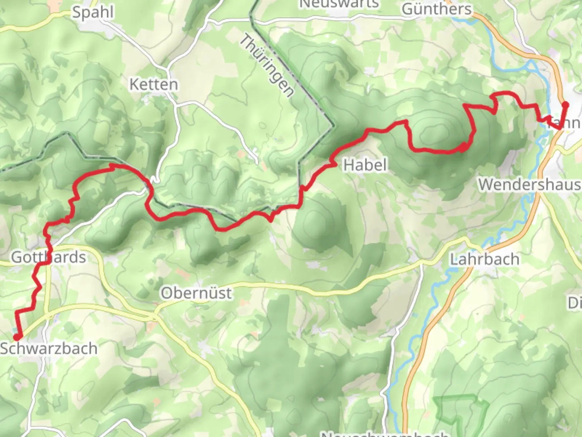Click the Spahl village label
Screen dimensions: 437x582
click(93, 12)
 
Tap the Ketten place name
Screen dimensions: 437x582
click(154, 85)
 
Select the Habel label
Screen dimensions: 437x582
click(365, 165)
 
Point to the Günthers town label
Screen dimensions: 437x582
click(436, 9)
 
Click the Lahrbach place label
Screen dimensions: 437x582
click(485, 259)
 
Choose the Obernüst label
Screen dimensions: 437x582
click(196, 293)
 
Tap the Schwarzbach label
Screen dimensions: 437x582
click(49, 348)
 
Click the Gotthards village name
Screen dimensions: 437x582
click(48, 257)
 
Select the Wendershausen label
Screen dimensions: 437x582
click(529, 185)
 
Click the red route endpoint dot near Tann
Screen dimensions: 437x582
click(565, 105)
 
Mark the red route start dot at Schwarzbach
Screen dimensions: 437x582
click(17, 337)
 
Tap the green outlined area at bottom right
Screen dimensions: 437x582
click(461, 413)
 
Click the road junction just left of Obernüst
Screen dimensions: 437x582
click(154, 315)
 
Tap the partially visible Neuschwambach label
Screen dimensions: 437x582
click(384, 434)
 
